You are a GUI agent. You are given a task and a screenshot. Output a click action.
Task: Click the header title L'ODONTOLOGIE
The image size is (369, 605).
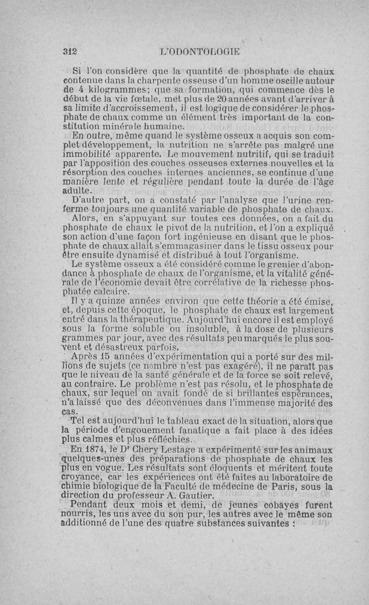199,51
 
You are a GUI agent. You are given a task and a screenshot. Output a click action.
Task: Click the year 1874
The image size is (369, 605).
97,450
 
